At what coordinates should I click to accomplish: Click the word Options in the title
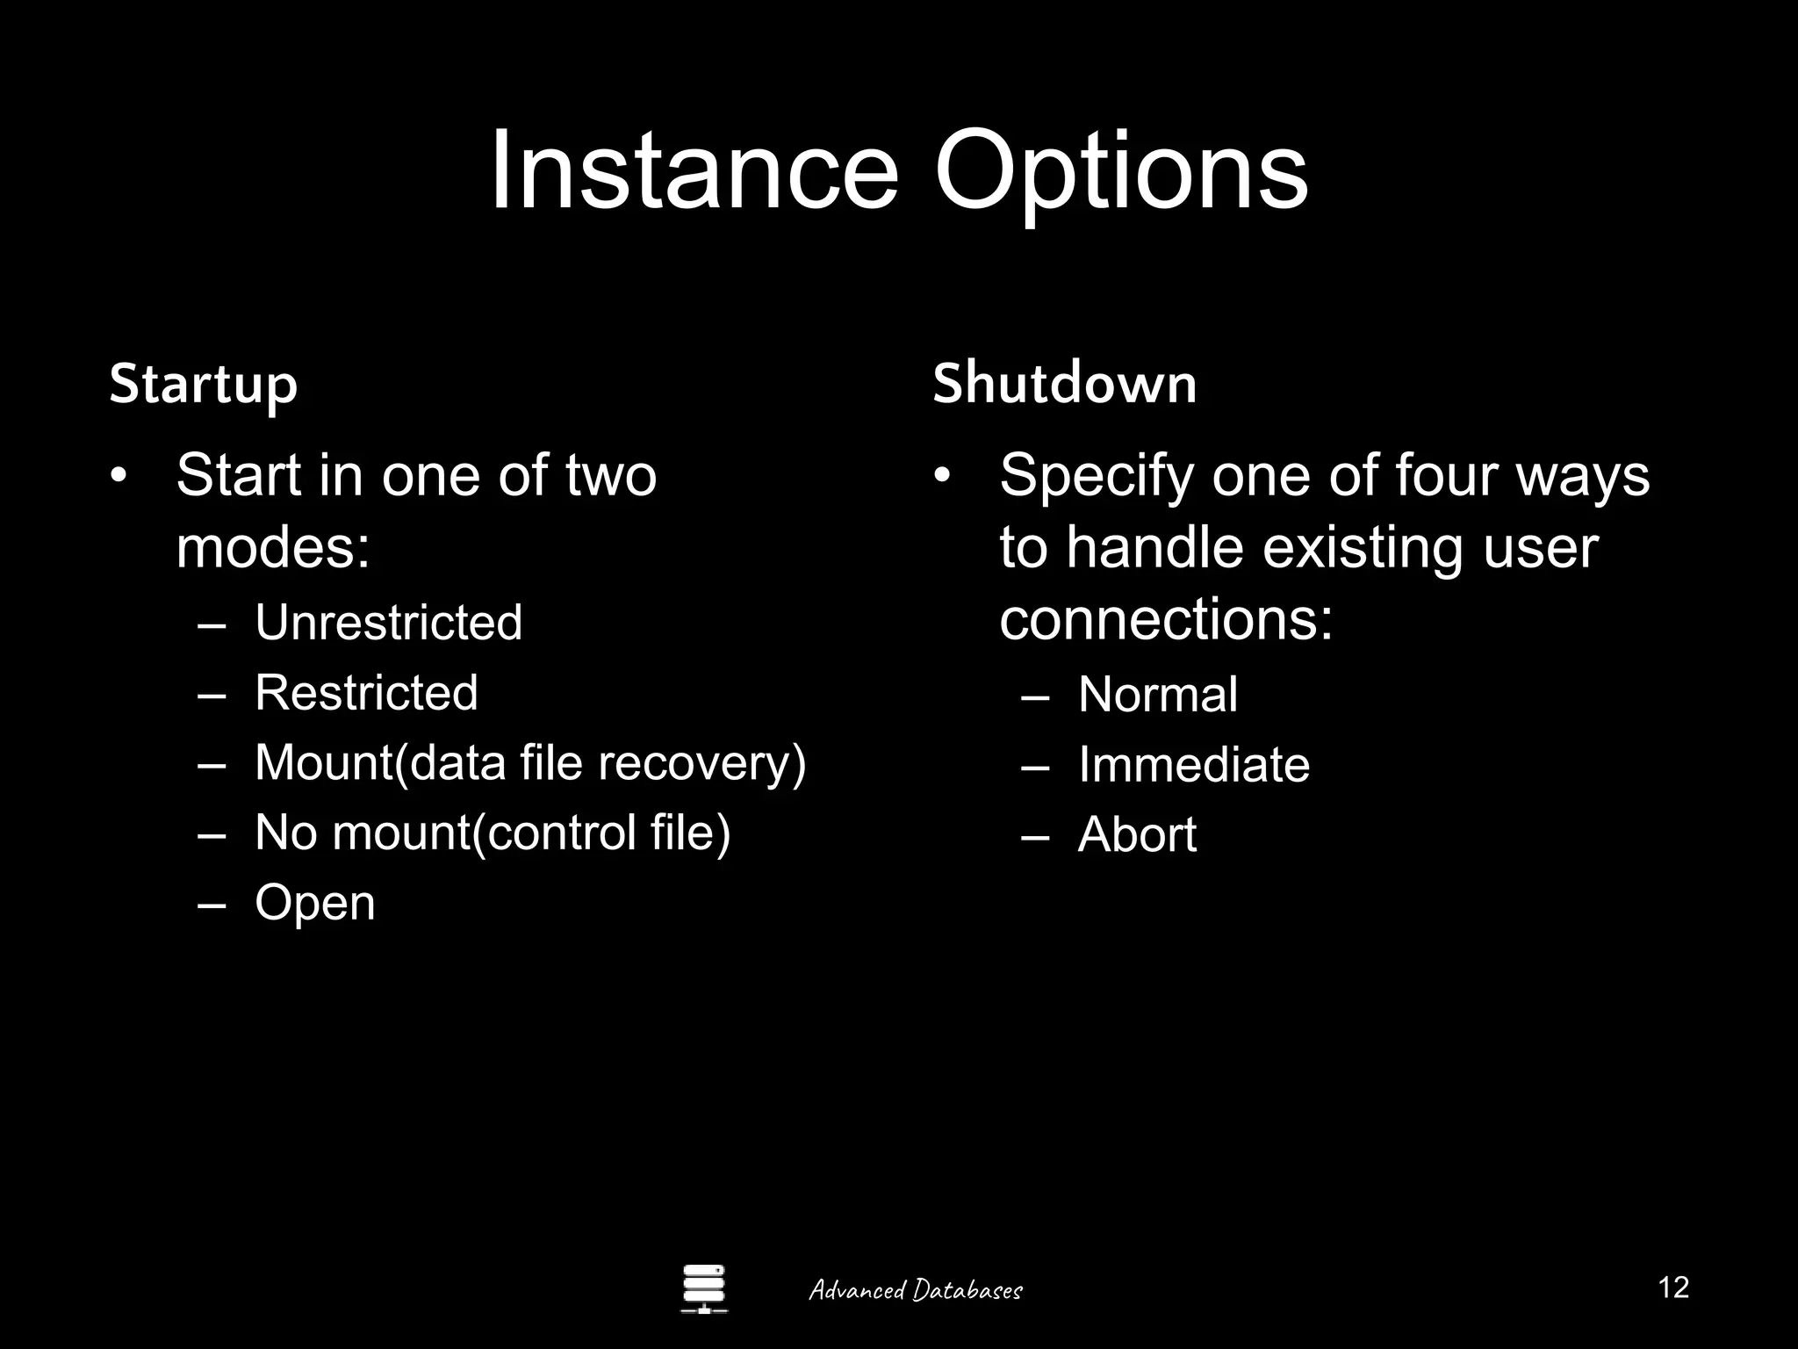point(1120,173)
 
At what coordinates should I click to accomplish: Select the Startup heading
point(204,385)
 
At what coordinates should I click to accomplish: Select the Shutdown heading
point(1064,384)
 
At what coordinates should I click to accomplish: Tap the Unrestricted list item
point(388,623)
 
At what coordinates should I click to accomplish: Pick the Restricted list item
point(366,692)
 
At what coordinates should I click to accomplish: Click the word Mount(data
point(379,762)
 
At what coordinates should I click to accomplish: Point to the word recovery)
point(701,762)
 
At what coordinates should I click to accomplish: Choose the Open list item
point(314,903)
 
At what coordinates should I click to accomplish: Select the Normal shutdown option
point(1157,695)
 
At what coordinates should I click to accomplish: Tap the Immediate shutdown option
point(1193,764)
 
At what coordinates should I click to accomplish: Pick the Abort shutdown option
point(1137,834)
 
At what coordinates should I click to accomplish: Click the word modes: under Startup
point(273,547)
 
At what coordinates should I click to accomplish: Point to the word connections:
point(1166,619)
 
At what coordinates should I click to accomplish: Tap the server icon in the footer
point(704,1288)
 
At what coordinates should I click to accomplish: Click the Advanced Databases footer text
point(916,1290)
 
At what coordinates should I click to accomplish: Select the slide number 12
point(1673,1288)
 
